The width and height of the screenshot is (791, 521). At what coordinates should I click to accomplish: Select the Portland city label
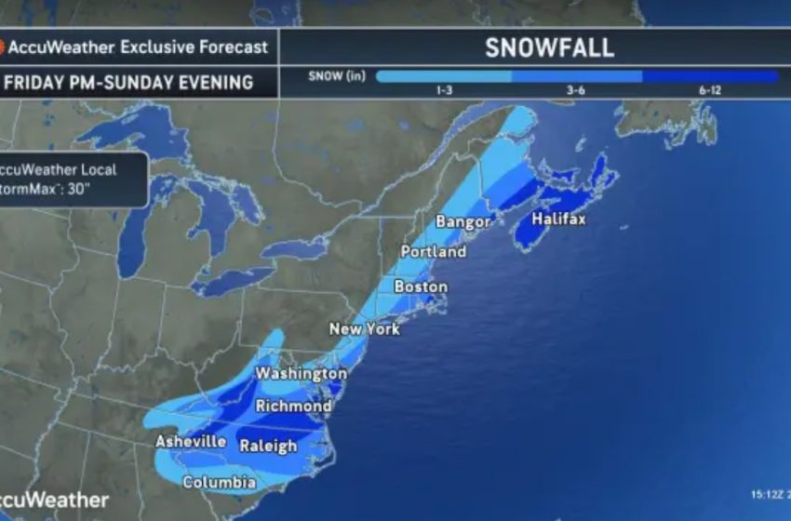click(x=433, y=252)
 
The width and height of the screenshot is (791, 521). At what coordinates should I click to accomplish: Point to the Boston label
click(x=421, y=287)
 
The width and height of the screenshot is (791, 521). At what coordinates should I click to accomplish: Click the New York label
click(x=365, y=329)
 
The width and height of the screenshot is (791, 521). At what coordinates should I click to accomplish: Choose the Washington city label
click(x=301, y=373)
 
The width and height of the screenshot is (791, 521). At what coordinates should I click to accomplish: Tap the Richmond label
click(x=293, y=407)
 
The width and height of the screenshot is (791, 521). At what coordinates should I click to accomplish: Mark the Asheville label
click(x=190, y=441)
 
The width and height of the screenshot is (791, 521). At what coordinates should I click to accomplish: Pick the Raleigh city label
click(x=268, y=446)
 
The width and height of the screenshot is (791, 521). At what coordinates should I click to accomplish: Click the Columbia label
click(x=219, y=483)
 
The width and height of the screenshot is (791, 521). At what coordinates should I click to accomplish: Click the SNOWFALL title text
click(x=549, y=48)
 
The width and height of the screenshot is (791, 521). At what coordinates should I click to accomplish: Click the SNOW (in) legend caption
click(x=336, y=76)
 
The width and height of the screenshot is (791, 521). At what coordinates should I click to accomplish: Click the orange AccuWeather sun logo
click(x=3, y=47)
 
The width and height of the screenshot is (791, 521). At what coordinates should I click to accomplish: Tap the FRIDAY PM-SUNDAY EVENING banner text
click(x=128, y=82)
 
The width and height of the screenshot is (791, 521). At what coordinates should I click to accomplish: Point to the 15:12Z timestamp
click(x=768, y=494)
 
